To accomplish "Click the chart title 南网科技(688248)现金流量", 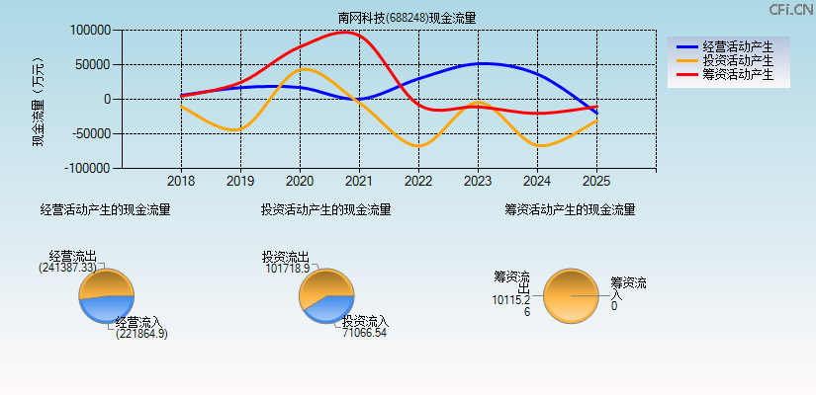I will [x=407, y=18].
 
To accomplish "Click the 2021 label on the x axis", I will [x=359, y=182].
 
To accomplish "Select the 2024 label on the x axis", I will [x=537, y=182].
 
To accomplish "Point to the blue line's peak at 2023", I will [x=481, y=63].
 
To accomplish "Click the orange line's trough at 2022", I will [x=419, y=146].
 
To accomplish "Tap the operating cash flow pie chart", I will [x=106, y=296].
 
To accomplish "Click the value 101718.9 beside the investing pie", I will [x=288, y=268].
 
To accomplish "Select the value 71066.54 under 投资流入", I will [x=365, y=334].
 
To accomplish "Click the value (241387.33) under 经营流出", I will [x=68, y=268].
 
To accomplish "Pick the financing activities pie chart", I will [x=571, y=295].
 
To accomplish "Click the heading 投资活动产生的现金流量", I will [x=325, y=209].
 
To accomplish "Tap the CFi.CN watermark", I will [x=791, y=9].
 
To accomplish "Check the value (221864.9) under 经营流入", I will [x=140, y=334].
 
